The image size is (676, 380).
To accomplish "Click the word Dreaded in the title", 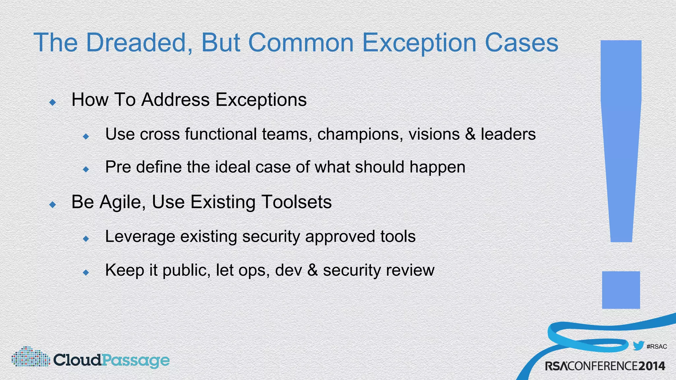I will click(136, 43).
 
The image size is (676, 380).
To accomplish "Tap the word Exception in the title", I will click(419, 43).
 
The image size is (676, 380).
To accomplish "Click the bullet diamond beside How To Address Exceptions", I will click(52, 102).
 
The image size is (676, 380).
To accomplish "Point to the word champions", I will click(360, 134).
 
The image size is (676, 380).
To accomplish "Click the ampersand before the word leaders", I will click(470, 134).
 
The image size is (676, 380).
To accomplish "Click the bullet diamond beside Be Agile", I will click(52, 205).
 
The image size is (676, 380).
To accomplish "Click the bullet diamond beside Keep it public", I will click(86, 272).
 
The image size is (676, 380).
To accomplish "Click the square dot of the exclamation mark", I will click(621, 290).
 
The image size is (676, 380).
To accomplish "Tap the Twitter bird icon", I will click(638, 346).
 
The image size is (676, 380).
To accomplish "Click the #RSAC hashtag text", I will click(657, 347).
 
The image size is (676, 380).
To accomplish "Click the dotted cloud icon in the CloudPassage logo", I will click(30, 357).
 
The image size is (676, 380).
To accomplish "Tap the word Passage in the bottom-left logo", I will click(135, 360).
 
